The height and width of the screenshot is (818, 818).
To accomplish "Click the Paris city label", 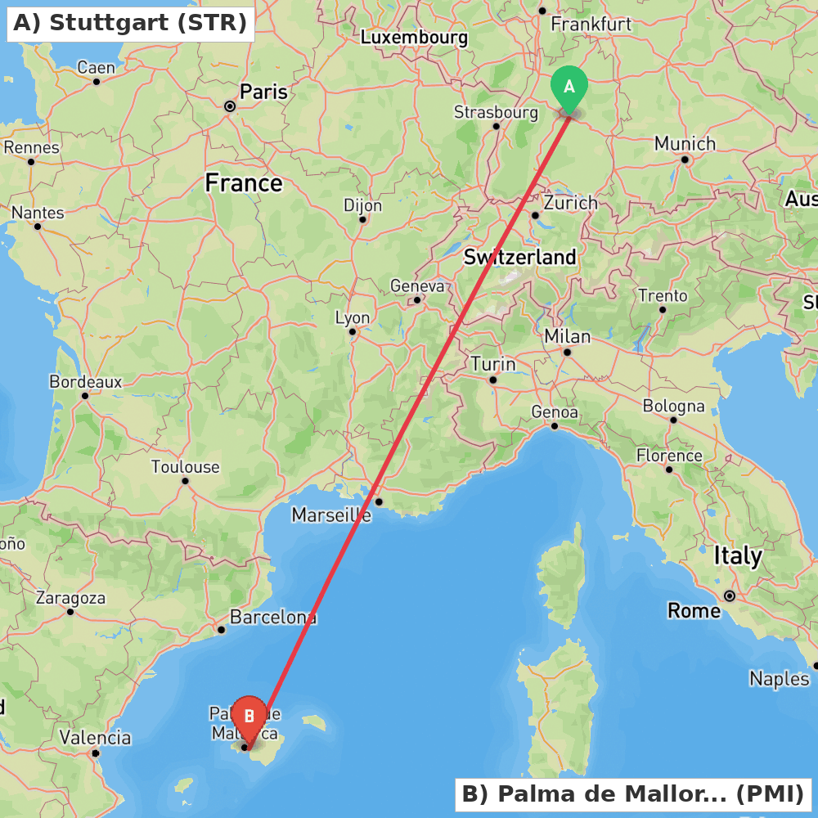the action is (x=263, y=92).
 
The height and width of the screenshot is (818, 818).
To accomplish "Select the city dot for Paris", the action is (x=230, y=106).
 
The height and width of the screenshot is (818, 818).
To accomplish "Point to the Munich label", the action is (x=685, y=144).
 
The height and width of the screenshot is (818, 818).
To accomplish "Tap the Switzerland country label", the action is (x=519, y=257).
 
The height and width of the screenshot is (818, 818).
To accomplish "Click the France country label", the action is (x=244, y=183).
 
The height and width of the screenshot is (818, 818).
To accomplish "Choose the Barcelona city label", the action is (x=273, y=617).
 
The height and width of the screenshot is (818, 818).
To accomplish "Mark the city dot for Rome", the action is (x=729, y=596).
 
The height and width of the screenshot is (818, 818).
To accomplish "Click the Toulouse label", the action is (x=186, y=467).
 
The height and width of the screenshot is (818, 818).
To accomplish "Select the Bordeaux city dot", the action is (x=84, y=396).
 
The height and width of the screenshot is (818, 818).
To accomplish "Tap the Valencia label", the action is (x=95, y=738).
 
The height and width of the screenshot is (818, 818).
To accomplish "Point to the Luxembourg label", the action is (x=414, y=38).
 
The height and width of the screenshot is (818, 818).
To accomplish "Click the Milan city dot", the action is (x=566, y=353).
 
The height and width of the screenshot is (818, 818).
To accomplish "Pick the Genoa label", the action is (x=555, y=412).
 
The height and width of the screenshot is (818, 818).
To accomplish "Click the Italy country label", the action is (x=738, y=556).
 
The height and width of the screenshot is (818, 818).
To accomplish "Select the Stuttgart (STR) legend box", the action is (x=130, y=23).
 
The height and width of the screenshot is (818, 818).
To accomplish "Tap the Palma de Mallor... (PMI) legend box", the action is (x=633, y=793).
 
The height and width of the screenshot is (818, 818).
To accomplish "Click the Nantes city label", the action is (x=38, y=213).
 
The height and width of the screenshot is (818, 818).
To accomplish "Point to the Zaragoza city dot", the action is (x=70, y=612).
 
